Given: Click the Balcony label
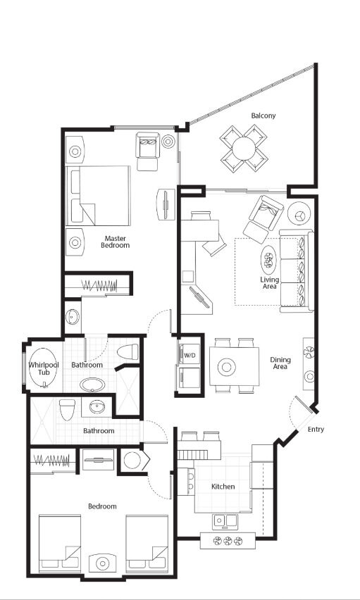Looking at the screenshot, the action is [x=263, y=115].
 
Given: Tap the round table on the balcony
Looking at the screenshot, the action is [x=244, y=148].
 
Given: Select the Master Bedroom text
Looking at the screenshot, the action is [x=116, y=242].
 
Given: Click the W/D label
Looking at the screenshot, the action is [x=190, y=356].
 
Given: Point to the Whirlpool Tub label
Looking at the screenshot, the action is [x=44, y=368].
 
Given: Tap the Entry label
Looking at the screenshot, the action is [x=316, y=430].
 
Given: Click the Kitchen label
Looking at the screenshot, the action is [x=223, y=487].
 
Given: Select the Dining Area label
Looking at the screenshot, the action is [x=280, y=363].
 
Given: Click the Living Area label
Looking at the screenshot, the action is [x=270, y=283].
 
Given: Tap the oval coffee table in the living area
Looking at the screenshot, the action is [x=268, y=260].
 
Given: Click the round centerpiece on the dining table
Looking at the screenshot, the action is [x=226, y=367].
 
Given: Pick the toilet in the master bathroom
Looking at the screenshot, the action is [x=128, y=351].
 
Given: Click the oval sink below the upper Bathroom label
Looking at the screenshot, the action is [x=92, y=385].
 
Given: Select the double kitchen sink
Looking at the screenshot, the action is [x=225, y=521].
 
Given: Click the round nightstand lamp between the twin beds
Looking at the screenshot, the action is [x=102, y=563].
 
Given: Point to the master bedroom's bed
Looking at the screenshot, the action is [x=98, y=196].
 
